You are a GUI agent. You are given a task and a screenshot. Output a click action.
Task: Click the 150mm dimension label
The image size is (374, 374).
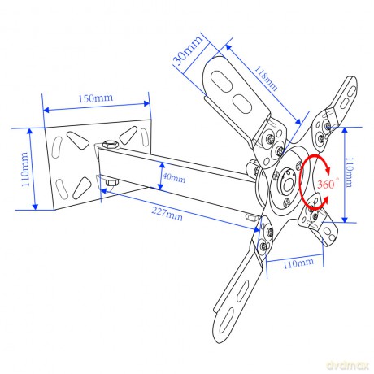(x=96, y=98)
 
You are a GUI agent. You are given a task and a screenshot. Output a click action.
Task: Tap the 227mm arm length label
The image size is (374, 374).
(x=167, y=214)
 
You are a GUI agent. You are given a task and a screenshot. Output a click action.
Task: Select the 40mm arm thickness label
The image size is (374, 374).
(x=174, y=178)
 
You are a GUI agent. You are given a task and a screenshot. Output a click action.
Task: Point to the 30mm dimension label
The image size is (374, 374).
(x=188, y=50)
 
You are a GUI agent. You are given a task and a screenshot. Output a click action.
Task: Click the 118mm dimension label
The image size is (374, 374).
(x=266, y=79)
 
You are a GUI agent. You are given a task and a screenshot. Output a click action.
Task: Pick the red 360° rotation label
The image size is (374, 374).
(x=328, y=184)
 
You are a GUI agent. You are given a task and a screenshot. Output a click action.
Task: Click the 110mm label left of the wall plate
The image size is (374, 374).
(x=25, y=169)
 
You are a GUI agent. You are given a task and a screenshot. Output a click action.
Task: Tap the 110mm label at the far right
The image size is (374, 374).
(x=349, y=172)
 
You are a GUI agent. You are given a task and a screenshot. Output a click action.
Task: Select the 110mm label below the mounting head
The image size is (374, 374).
(x=298, y=263)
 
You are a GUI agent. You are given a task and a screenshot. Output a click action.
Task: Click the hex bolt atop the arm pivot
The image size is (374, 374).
(x=111, y=144)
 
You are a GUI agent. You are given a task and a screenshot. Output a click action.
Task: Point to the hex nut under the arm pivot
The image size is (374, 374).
(x=111, y=182)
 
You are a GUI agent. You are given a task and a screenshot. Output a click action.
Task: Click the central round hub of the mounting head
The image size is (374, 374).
(x=287, y=180)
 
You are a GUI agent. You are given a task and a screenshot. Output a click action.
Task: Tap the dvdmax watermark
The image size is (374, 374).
(x=348, y=366)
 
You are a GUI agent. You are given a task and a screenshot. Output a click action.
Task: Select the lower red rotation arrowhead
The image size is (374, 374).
(x=324, y=201)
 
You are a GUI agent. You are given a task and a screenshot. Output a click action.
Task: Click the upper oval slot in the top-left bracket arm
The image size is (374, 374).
(x=221, y=81)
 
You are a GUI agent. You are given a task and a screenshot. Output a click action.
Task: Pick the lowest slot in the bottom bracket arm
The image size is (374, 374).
(x=226, y=321)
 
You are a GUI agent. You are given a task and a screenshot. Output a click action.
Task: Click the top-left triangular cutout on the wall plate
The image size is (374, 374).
(x=78, y=140)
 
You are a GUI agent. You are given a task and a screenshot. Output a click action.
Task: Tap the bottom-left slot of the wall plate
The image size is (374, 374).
(x=59, y=187)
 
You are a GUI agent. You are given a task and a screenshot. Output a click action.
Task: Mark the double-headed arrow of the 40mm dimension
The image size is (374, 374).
(x=161, y=176)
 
